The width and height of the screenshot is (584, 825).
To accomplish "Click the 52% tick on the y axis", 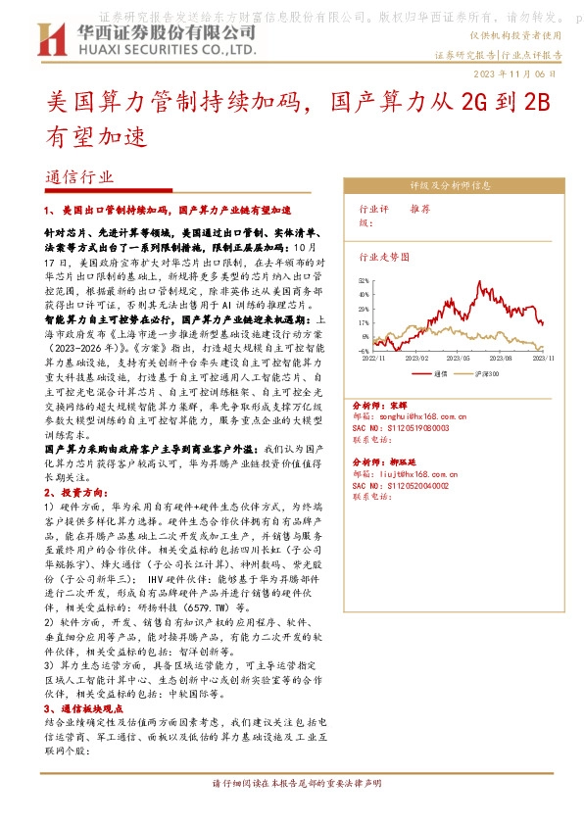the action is (365, 280).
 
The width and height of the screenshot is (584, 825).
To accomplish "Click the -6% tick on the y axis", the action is (365, 350).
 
